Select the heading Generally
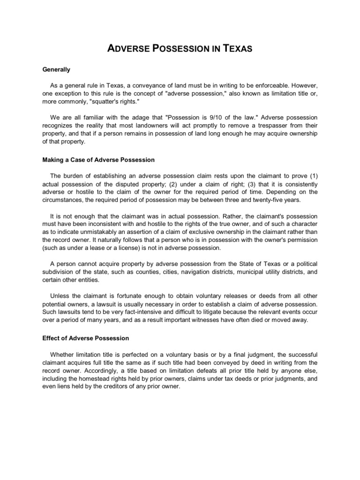point(56,70)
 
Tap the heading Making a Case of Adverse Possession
point(98,160)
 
